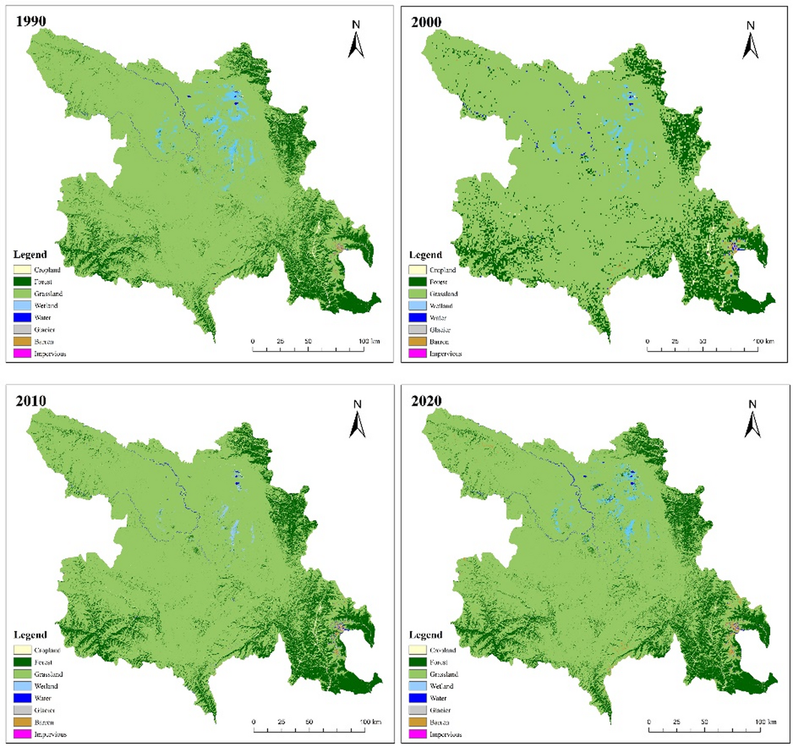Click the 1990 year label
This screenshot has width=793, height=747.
pyautogui.click(x=31, y=22)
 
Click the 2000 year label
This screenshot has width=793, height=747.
pyautogui.click(x=426, y=22)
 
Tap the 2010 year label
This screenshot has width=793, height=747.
pyautogui.click(x=31, y=401)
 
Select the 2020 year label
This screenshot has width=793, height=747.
pyautogui.click(x=426, y=401)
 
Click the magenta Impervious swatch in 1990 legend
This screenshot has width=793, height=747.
pyautogui.click(x=22, y=353)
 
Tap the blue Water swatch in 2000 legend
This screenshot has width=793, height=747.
pyautogui.click(x=418, y=317)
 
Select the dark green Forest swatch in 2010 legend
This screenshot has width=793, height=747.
pyautogui.click(x=22, y=662)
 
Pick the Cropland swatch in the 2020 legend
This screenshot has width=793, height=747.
pyautogui.click(x=418, y=650)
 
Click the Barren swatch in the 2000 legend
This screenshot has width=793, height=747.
pyautogui.click(x=418, y=342)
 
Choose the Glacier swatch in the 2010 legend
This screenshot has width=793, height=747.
pyautogui.click(x=22, y=710)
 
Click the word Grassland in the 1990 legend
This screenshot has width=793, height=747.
pyautogui.click(x=48, y=294)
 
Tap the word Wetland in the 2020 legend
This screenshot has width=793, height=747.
pyautogui.click(x=442, y=686)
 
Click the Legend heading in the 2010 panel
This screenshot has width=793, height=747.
pyautogui.click(x=30, y=635)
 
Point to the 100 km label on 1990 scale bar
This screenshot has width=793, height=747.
pyautogui.click(x=369, y=341)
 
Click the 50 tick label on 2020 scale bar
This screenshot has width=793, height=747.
pyautogui.click(x=704, y=722)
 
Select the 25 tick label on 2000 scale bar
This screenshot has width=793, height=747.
pyautogui.click(x=675, y=341)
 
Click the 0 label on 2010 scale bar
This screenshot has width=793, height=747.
pyautogui.click(x=253, y=722)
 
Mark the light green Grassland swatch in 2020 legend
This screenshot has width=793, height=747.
pyautogui.click(x=418, y=674)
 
